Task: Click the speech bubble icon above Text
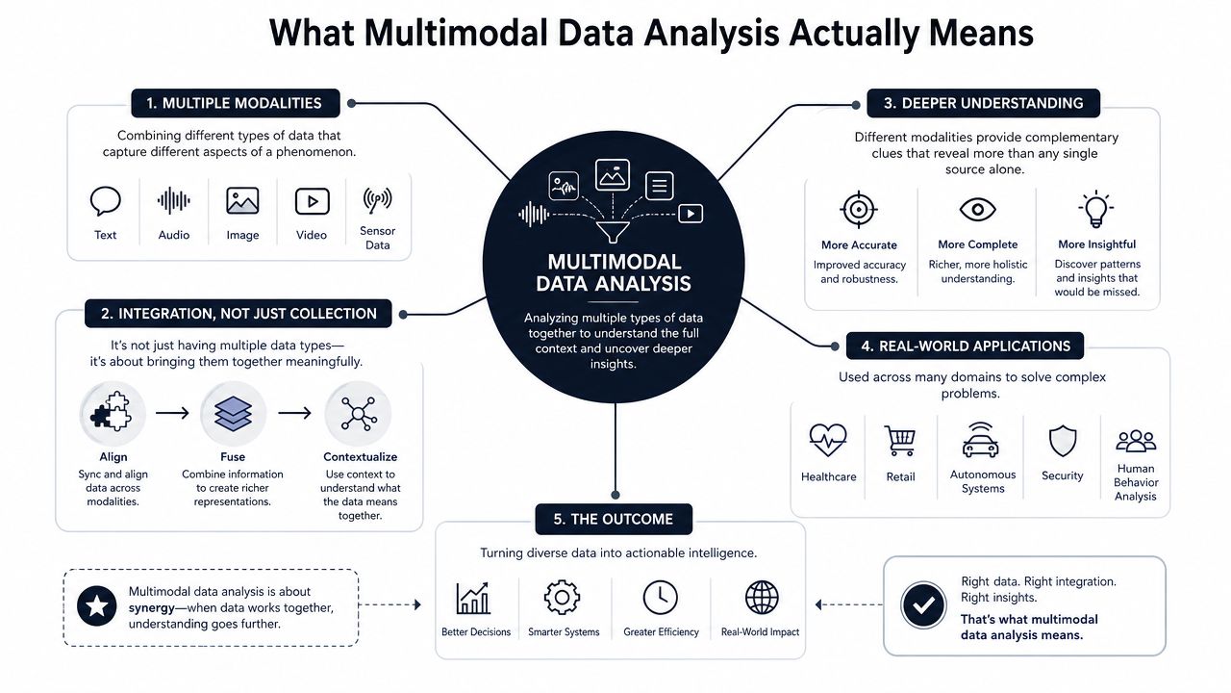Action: pyautogui.click(x=105, y=201)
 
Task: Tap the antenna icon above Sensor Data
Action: pyautogui.click(x=377, y=200)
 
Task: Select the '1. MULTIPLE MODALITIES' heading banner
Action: pyautogui.click(x=236, y=103)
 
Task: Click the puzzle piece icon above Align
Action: pyautogui.click(x=113, y=413)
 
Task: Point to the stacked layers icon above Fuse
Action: pyautogui.click(x=233, y=413)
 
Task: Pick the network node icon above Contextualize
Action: pyautogui.click(x=359, y=413)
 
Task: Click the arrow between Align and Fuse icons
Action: pyautogui.click(x=172, y=413)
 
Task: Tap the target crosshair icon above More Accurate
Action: pyautogui.click(x=859, y=210)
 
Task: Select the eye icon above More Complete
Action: pyautogui.click(x=978, y=210)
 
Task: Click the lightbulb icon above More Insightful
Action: pyautogui.click(x=1095, y=209)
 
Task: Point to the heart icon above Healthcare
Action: pyautogui.click(x=828, y=440)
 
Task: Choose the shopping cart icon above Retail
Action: pyautogui.click(x=900, y=441)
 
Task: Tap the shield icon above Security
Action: pyautogui.click(x=1063, y=441)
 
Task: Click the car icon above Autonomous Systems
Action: pyautogui.click(x=981, y=440)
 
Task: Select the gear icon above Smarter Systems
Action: pyautogui.click(x=562, y=598)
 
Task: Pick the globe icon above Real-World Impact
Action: pyautogui.click(x=762, y=598)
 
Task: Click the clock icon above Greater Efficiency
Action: pyautogui.click(x=660, y=598)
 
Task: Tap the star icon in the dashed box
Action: pyautogui.click(x=97, y=606)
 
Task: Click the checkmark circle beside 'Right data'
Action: pyautogui.click(x=923, y=605)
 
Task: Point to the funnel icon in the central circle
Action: pyautogui.click(x=613, y=232)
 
